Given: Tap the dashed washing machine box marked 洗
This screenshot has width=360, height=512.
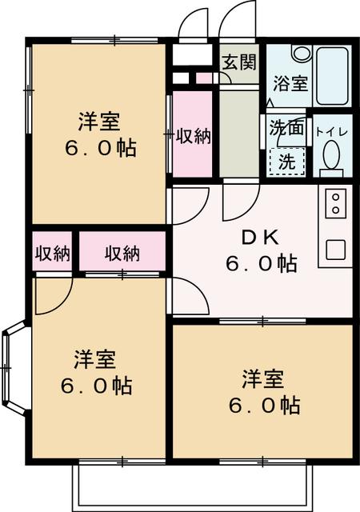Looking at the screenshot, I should coord(285,160).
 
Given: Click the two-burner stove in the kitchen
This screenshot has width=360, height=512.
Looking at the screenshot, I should coord(335,205).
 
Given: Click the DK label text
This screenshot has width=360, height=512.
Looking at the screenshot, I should coord(258,238).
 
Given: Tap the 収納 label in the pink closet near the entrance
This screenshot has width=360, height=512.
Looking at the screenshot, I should coord(193,136).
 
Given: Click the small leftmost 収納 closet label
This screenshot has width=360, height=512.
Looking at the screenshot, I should coord(52,254).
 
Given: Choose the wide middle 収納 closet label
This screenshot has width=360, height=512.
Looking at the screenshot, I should coord(122,254).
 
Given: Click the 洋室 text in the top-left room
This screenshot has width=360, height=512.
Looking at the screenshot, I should coord(98,123).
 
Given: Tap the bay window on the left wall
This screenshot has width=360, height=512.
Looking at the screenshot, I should coord(15,367).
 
